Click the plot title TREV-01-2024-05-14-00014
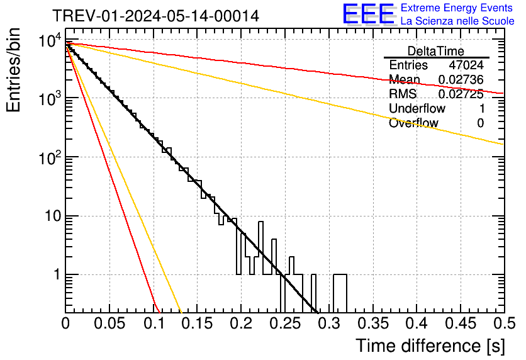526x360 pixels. pyautogui.click(x=155, y=16)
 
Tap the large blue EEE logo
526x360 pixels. pyautogui.click(x=367, y=14)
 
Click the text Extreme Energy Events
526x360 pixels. pyautogui.click(x=457, y=8)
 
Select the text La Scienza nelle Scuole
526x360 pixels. pyautogui.click(x=457, y=21)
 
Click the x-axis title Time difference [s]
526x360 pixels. pyautogui.click(x=430, y=346)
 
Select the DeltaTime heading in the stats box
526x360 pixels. pyautogui.click(x=436, y=51)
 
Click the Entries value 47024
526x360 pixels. pyautogui.click(x=466, y=65)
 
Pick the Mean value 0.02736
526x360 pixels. pyautogui.click(x=461, y=80)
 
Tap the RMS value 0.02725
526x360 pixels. pyautogui.click(x=461, y=94)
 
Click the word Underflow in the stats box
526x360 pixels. pyautogui.click(x=417, y=109)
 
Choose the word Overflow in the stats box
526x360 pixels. pyautogui.click(x=413, y=123)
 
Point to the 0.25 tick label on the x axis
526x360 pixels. pyautogui.click(x=284, y=324)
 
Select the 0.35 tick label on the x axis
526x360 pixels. pyautogui.click(x=372, y=324)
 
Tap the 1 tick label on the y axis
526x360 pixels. pyautogui.click(x=56, y=275)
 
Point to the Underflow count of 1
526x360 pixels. pyautogui.click(x=481, y=109)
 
